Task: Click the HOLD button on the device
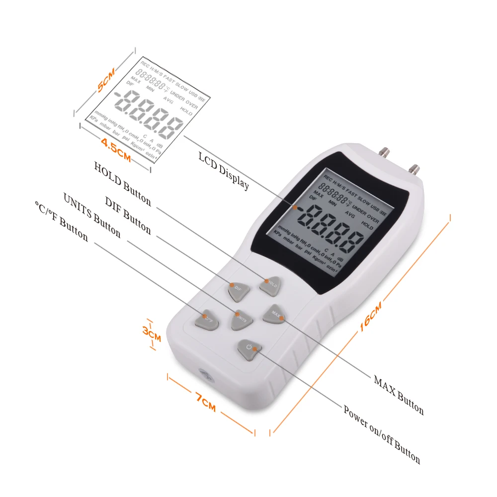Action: [x=270, y=284]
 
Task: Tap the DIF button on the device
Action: [x=238, y=290]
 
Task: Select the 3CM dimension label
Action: [x=152, y=332]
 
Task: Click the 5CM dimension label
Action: [x=106, y=80]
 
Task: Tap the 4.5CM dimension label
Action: [x=116, y=151]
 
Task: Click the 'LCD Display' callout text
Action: [x=224, y=170]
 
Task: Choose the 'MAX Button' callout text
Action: [x=399, y=396]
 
